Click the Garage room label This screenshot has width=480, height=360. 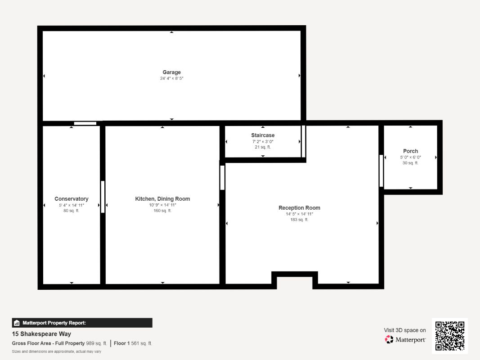pos(171,72)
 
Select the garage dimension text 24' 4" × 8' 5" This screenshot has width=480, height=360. pos(171,78)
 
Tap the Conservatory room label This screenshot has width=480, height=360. pos(71,199)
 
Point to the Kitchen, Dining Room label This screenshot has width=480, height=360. pos(162,199)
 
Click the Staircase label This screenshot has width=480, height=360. pos(263,135)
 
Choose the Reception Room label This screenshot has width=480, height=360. pos(299,208)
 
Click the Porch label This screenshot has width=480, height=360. pos(410,151)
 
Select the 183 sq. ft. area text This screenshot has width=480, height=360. pos(299,220)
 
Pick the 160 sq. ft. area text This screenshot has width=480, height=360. pos(162,211)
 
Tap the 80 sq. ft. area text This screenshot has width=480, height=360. pos(71,211)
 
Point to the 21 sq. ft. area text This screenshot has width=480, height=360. pos(263,147)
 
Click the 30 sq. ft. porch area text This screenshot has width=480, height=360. pos(410,163)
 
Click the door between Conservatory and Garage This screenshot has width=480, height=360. pos(85,123)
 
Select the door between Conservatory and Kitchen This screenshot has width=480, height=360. pos(103,197)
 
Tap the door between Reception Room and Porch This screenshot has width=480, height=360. pos(381,171)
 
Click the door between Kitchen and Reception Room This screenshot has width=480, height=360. pos(222,177)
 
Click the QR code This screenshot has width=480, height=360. pos(450,336)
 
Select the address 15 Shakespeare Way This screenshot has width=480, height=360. pos(41,334)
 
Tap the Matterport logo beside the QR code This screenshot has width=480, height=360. pos(405,340)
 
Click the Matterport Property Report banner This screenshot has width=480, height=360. pos(82,323)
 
